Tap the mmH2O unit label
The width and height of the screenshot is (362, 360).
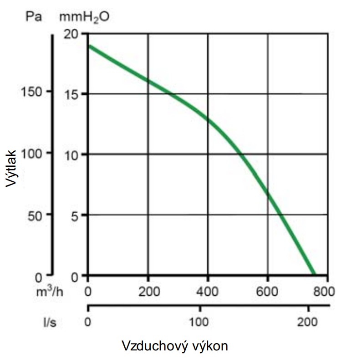84,18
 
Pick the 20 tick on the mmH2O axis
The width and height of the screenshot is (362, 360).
73,34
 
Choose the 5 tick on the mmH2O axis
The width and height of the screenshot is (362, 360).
76,215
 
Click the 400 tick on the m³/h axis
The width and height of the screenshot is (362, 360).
208,291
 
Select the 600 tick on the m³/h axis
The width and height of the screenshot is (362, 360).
268,291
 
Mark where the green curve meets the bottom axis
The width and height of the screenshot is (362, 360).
313,275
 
